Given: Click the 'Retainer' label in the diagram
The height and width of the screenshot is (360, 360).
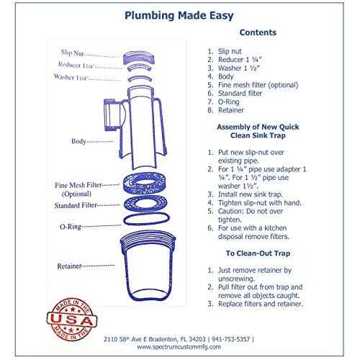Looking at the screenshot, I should (71, 266).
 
